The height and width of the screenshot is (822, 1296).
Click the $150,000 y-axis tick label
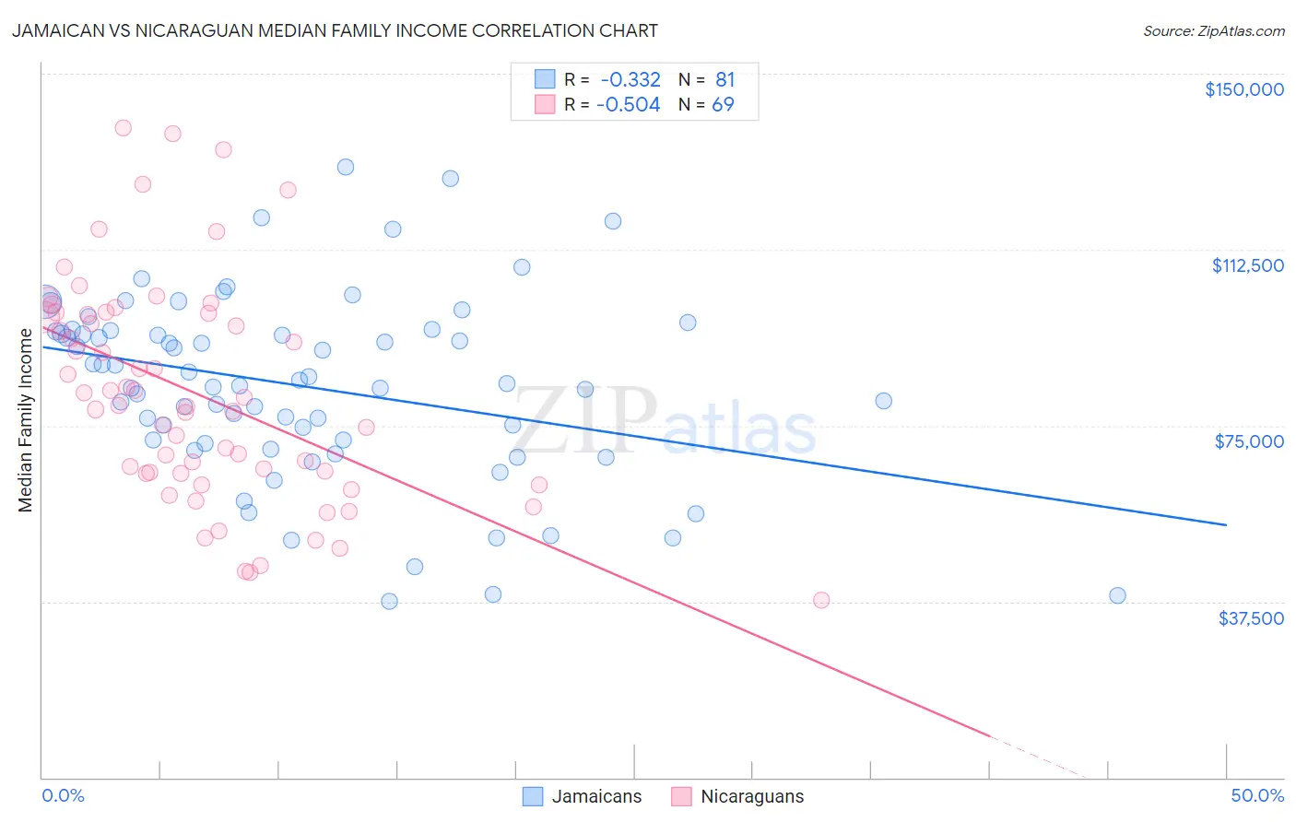1243,89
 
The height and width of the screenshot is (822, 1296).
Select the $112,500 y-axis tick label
1247,265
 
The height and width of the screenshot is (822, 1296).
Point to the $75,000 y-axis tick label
1249,441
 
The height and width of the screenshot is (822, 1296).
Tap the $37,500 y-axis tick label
1251,618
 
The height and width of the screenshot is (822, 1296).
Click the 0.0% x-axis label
63,795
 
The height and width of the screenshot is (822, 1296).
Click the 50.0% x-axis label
1256,795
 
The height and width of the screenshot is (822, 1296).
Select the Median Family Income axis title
26,420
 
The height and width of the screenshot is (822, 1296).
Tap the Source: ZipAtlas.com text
1213,30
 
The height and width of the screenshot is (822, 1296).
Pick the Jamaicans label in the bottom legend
596,796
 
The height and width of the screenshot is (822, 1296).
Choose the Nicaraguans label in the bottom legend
752,796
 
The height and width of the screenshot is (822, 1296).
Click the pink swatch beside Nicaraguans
681,796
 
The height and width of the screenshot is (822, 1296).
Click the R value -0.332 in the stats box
630,79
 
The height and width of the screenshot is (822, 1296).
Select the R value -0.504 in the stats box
629,104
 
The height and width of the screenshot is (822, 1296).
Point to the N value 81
725,79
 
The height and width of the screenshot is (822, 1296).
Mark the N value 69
723,104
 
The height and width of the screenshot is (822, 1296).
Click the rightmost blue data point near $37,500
1117,595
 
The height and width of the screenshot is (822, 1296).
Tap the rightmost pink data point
821,600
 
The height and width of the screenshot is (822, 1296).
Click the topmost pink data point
123,128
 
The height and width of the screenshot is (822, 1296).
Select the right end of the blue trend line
1226,524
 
